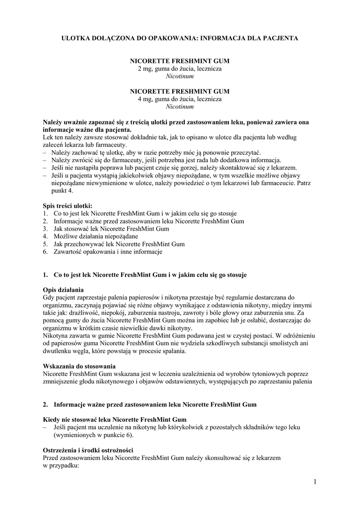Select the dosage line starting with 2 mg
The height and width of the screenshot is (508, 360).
(x=180, y=68)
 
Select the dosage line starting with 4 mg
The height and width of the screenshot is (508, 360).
(x=180, y=99)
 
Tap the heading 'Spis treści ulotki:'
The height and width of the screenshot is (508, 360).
(x=68, y=205)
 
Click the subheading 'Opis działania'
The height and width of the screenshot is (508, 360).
(x=63, y=290)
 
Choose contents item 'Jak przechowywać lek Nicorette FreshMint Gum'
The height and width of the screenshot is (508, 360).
(x=119, y=244)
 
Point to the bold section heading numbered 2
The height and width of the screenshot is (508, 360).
(x=155, y=404)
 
